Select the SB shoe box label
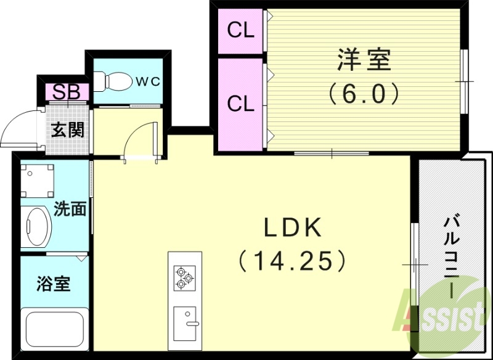[x=65, y=92]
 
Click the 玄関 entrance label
[x=67, y=130]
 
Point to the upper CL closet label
[x=240, y=30]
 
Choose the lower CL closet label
[x=240, y=104]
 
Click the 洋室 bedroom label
[x=364, y=62]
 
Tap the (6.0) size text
[x=364, y=94]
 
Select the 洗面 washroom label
[x=70, y=209]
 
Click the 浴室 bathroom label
[x=53, y=284]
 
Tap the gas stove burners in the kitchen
[x=184, y=277]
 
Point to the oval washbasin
[x=38, y=226]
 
